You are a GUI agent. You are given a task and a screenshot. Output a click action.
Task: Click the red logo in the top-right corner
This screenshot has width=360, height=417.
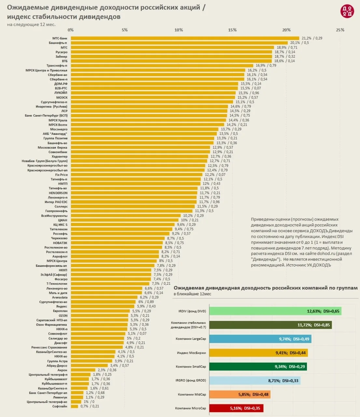(x=347, y=11)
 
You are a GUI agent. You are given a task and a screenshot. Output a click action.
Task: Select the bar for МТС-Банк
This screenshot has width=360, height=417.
(x=185, y=38)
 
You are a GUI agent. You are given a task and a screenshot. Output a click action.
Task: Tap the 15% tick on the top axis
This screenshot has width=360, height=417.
(x=232, y=30)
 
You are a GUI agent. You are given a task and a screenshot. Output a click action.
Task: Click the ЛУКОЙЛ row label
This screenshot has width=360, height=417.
(x=61, y=93)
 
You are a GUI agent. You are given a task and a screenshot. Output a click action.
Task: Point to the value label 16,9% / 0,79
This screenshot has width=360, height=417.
(x=266, y=65)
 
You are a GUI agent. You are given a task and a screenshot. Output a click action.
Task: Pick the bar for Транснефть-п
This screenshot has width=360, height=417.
(x=162, y=65)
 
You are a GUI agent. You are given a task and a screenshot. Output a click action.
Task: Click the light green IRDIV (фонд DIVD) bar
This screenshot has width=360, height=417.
(x=275, y=311)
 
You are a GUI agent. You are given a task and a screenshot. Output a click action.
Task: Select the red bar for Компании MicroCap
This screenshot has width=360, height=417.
(x=236, y=408)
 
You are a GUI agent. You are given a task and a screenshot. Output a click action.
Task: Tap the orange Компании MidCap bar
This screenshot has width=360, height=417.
(x=240, y=395)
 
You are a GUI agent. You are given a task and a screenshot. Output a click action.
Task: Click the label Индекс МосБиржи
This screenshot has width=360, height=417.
(x=191, y=353)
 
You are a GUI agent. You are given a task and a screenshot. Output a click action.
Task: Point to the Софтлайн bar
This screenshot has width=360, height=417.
(x=75, y=406)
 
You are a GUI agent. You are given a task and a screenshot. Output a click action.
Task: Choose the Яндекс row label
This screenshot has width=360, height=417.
(x=62, y=307)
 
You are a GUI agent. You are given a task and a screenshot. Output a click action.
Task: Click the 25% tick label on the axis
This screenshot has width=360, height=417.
(x=340, y=30)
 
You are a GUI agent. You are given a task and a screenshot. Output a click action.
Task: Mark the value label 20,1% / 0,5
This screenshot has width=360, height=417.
(x=299, y=43)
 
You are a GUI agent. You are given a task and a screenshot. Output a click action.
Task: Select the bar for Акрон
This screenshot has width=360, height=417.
(x=83, y=370)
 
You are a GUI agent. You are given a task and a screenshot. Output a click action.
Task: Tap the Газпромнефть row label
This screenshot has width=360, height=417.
(x=56, y=211)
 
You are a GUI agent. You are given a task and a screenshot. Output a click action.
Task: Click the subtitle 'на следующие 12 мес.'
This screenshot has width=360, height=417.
(x=31, y=25)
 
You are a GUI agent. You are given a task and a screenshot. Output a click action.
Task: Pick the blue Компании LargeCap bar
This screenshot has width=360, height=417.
(x=260, y=339)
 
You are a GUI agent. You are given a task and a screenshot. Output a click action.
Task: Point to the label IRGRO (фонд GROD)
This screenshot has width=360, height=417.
(x=191, y=381)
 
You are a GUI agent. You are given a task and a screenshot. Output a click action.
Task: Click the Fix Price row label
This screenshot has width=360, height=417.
(x=61, y=175)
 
